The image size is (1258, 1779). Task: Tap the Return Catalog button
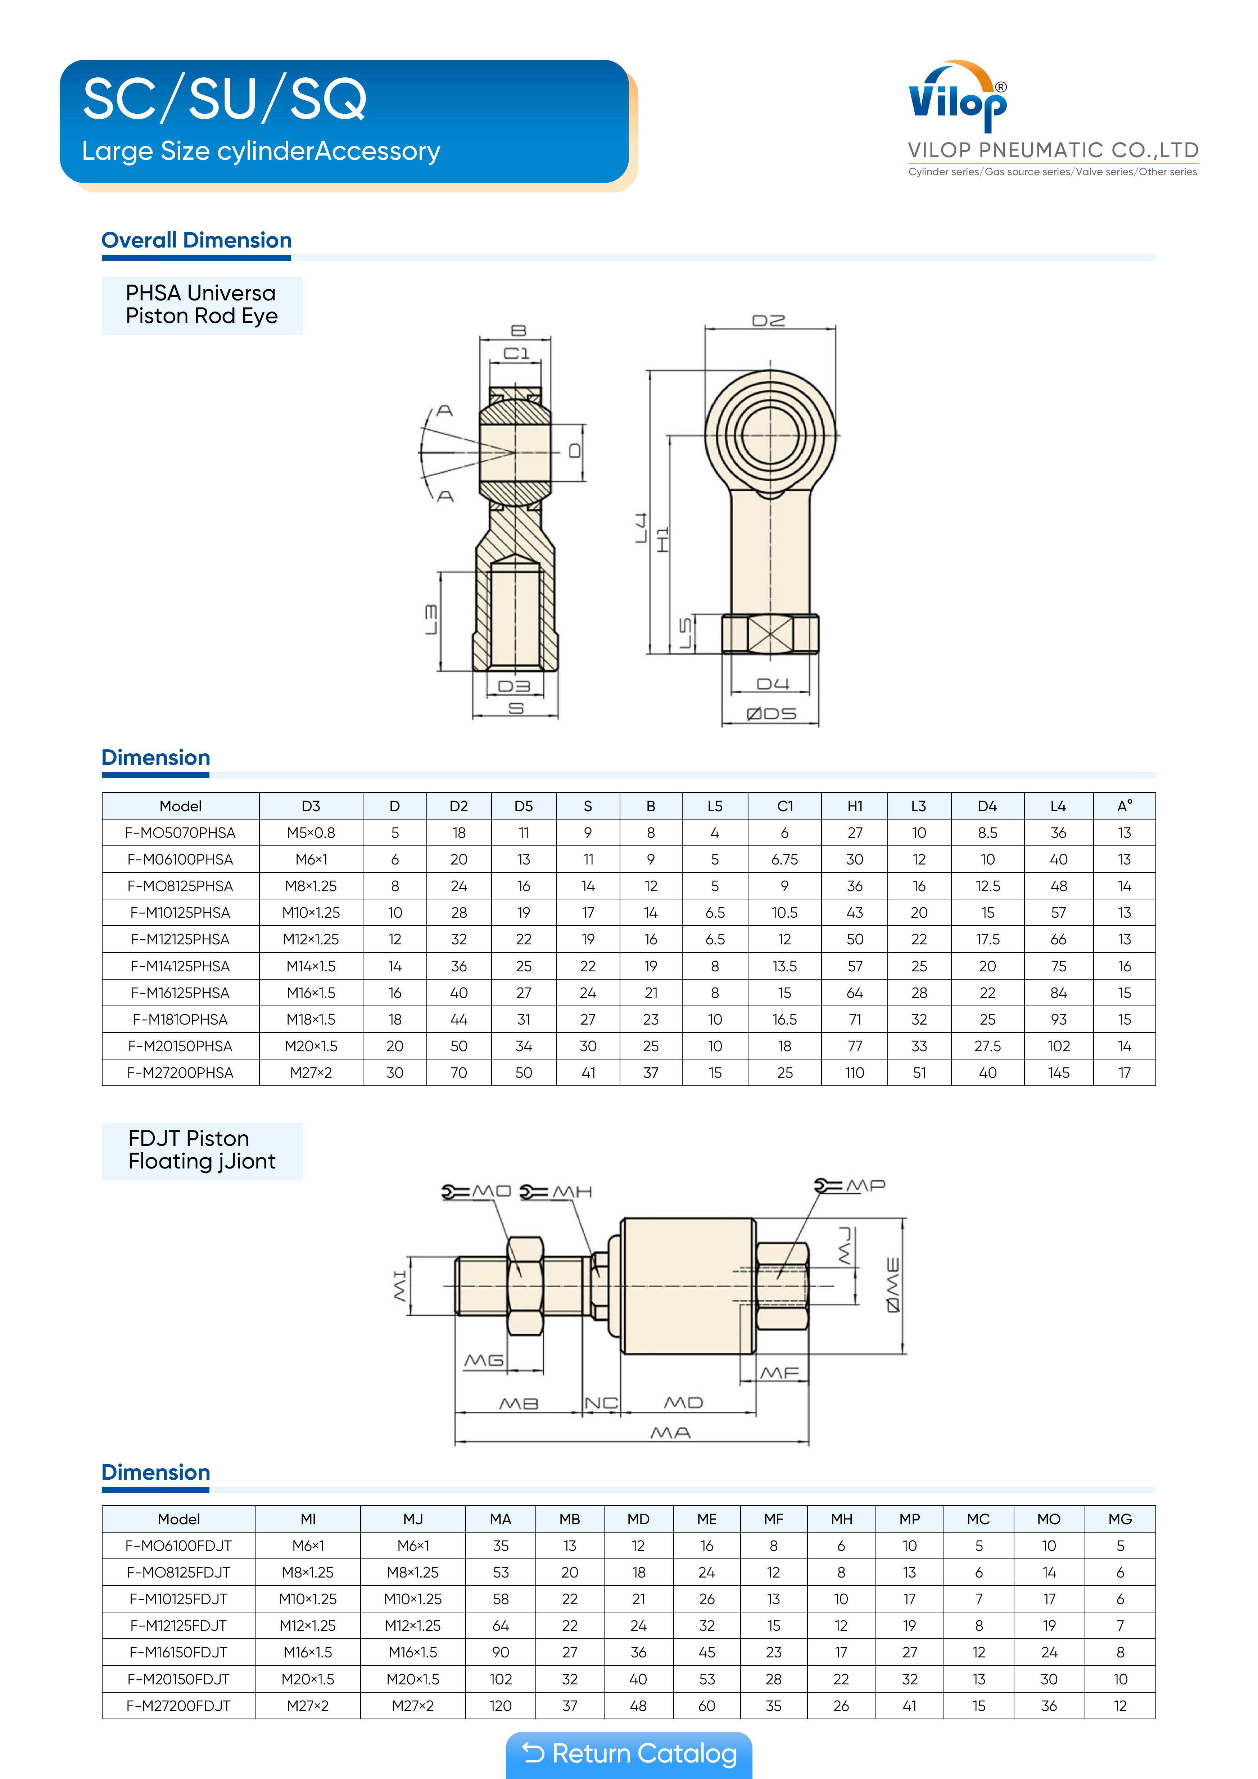coord(629,1753)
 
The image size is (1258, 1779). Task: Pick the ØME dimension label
coord(893,1285)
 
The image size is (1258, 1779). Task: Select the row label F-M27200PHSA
coord(181,1072)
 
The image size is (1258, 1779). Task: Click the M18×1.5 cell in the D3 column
coord(311,1019)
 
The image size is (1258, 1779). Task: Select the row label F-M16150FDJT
coord(179,1652)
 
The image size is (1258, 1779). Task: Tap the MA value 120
coord(501,1705)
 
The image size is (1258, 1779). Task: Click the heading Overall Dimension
coord(197,240)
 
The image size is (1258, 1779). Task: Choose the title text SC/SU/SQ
coord(225,99)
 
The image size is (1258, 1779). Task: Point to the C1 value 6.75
coord(784,859)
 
